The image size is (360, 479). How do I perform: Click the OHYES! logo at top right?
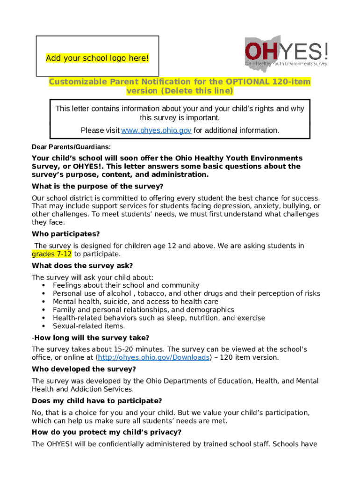point(286,51)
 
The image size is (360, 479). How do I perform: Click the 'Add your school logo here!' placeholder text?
point(97,58)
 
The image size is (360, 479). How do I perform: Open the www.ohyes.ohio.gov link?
point(156,131)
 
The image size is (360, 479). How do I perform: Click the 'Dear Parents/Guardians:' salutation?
point(72,147)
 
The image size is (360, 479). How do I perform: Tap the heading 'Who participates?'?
point(66,234)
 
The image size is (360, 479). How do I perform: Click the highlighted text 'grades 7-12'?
point(52,254)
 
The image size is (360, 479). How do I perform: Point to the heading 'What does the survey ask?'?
point(82,266)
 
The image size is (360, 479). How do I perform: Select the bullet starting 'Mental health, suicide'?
point(136,302)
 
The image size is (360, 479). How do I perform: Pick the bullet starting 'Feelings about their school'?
point(126,285)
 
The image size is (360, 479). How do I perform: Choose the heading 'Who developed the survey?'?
point(84,369)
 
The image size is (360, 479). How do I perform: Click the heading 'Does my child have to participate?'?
point(97,401)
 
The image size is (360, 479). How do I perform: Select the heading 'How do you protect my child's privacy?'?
point(107,432)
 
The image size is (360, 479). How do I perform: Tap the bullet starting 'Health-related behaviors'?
point(159,318)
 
